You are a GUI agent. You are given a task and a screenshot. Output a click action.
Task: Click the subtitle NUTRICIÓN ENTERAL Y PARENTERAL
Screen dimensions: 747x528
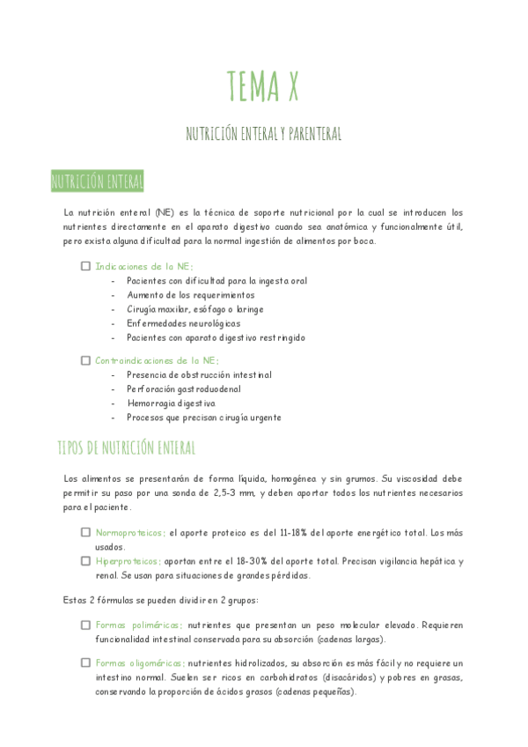click(x=263, y=134)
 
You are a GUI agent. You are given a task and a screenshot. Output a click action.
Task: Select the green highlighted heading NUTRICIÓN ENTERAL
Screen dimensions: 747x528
click(x=97, y=183)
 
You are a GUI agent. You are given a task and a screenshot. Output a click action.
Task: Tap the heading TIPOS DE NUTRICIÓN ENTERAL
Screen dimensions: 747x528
click(x=126, y=447)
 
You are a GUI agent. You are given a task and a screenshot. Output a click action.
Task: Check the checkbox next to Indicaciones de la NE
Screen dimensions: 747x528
click(x=85, y=266)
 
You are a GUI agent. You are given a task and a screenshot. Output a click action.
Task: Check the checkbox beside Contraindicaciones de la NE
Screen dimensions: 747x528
click(x=85, y=360)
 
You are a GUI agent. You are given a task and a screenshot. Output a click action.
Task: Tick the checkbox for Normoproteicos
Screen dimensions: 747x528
click(x=85, y=532)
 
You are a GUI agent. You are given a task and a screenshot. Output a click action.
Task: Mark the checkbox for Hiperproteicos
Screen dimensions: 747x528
click(x=85, y=560)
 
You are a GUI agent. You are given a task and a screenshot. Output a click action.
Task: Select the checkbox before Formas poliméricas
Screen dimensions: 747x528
click(x=85, y=625)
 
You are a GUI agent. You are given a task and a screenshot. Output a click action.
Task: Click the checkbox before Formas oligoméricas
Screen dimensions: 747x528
click(x=85, y=663)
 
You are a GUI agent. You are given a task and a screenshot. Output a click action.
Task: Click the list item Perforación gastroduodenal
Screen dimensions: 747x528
click(x=183, y=389)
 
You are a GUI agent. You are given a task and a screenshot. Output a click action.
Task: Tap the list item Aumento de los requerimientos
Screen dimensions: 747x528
click(x=190, y=295)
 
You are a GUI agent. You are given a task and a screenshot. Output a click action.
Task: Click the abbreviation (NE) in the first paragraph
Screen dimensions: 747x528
click(x=165, y=213)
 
